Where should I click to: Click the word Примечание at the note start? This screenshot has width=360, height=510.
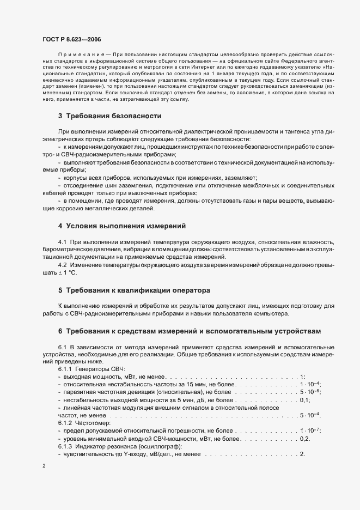(x=76, y=57)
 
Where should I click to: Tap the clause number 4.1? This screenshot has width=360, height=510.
(x=62, y=241)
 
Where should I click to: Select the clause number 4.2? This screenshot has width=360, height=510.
(x=62, y=264)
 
